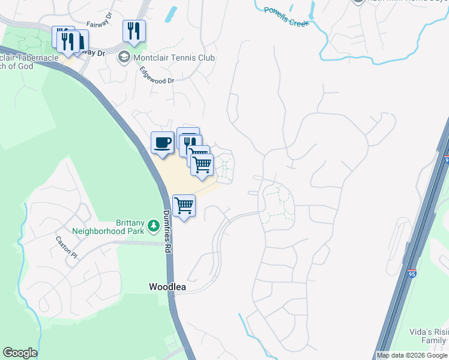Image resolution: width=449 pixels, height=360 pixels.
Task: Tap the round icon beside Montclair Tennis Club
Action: [x=125, y=58]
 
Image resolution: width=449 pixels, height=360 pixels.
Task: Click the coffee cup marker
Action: [x=162, y=143]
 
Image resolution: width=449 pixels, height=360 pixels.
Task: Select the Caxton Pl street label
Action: [x=67, y=247]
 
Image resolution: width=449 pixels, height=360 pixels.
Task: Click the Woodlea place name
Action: [x=167, y=287]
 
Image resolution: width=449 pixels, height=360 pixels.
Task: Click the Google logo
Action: [x=20, y=353]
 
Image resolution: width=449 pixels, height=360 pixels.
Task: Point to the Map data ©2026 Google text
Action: [x=412, y=355]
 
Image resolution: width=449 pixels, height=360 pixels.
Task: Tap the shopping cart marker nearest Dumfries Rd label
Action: [x=184, y=206]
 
